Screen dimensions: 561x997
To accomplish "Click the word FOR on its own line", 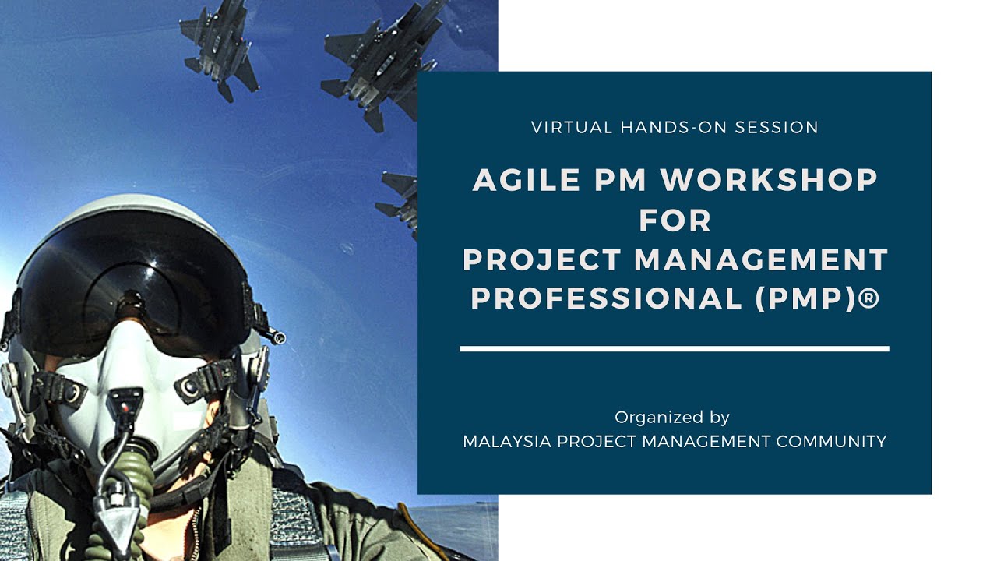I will pyautogui.click(x=675, y=221).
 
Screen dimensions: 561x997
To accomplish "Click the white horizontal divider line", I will pyautogui.click(x=675, y=348).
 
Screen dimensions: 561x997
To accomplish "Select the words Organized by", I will pyautogui.click(x=672, y=417).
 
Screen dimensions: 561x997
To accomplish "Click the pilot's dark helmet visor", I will pyautogui.click(x=132, y=288).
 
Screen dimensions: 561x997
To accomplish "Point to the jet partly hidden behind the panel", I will pyautogui.click(x=400, y=199).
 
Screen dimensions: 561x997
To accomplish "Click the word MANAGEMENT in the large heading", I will pyautogui.click(x=762, y=259).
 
